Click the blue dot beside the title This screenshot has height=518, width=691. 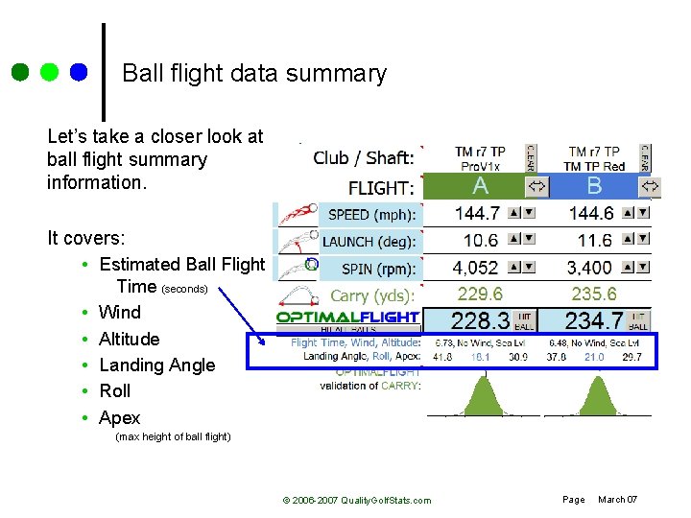78,72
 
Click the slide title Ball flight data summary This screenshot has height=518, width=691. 254,74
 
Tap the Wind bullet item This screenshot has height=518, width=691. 120,312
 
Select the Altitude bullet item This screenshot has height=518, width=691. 130,339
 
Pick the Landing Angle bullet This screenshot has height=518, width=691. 157,365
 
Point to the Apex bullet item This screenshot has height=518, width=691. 120,417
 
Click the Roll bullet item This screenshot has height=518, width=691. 115,390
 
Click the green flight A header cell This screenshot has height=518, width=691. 480,185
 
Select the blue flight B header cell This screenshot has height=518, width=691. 594,185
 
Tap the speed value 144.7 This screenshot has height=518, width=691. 476,213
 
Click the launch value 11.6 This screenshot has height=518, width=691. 594,241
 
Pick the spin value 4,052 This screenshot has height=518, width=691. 475,268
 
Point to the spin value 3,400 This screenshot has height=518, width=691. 589,268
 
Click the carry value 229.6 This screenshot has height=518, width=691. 480,294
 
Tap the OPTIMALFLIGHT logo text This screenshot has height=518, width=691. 347,317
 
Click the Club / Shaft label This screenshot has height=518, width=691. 364,157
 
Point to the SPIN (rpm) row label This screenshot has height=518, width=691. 369,270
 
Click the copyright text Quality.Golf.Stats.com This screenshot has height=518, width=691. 357,500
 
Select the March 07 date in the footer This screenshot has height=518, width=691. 617,499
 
